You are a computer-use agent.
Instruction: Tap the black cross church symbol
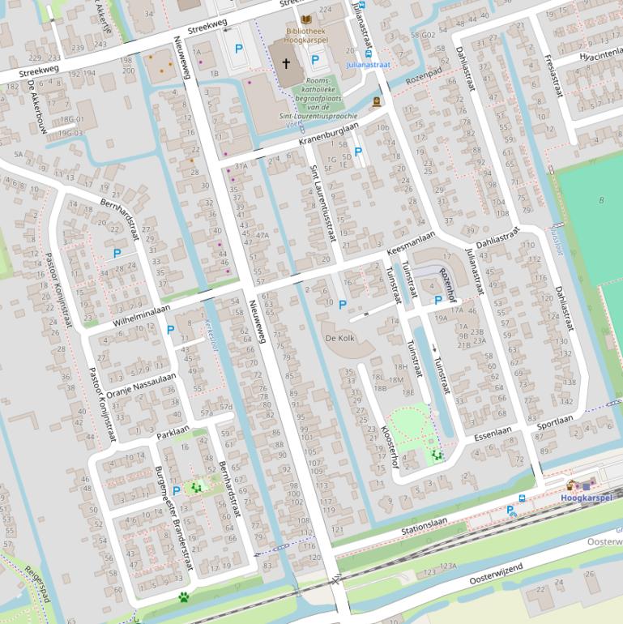coord(286,62)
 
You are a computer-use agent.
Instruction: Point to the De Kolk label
coord(340,337)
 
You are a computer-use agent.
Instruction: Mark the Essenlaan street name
coord(494,435)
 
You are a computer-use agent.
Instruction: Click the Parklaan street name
coord(173,430)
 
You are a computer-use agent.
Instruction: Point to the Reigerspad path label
coord(37,585)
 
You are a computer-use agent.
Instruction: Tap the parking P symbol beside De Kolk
coord(342,305)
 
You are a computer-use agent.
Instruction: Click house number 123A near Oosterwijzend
coord(447,566)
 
